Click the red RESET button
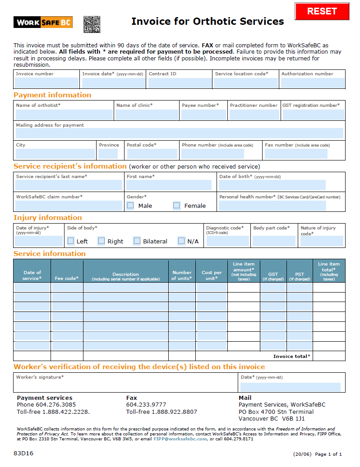[x=322, y=11]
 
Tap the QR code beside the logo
[x=92, y=24]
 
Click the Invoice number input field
[x=46, y=83]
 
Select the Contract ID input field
[x=180, y=83]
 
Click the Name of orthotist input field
[x=64, y=114]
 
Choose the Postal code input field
[x=152, y=154]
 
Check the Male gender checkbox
[x=130, y=206]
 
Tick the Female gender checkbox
[x=176, y=206]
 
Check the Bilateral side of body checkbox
[x=137, y=241]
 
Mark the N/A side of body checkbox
[x=181, y=241]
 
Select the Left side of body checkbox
[x=70, y=241]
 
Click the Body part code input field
[x=274, y=241]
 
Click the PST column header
[x=300, y=276]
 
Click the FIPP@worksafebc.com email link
[x=180, y=439]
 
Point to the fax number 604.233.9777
[x=146, y=405]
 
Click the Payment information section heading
[x=52, y=95]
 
